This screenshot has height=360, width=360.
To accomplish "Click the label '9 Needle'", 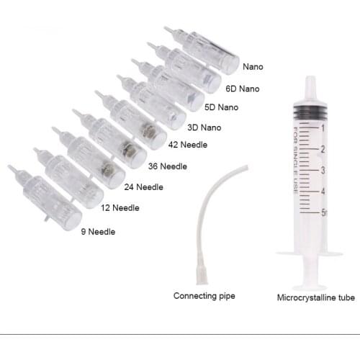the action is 98,232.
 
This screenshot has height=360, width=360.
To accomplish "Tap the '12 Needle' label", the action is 120,208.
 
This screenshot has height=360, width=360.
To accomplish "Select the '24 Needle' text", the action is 144,187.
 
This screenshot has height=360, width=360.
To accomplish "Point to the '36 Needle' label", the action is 168,166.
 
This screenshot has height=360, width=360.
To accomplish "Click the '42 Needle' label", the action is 188,145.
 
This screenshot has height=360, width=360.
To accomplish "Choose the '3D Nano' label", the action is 204,127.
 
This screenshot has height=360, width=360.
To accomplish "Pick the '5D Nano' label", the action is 221,107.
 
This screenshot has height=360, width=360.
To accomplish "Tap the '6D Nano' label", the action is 243,89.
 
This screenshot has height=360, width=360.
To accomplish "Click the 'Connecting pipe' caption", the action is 204,296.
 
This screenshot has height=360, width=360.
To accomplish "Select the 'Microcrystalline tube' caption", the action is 316,297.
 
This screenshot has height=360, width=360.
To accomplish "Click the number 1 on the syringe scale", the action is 323,128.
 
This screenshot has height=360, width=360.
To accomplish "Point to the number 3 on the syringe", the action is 323,171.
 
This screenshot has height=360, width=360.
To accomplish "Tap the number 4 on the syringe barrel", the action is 323,192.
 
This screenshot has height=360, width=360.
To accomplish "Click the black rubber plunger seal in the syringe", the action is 310,112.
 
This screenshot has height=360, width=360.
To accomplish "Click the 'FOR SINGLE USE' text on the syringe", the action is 296,161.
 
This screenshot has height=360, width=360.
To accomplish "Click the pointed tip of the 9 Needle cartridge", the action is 9,167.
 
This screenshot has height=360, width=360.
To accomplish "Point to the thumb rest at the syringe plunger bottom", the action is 310,288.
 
